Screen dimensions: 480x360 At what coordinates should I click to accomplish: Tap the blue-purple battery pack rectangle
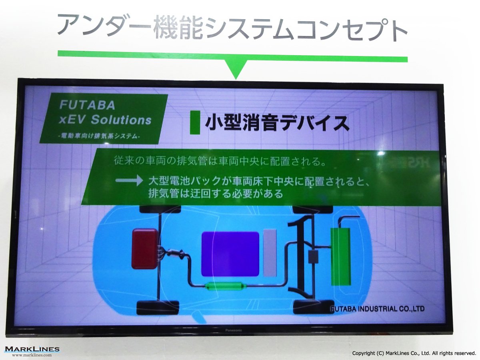click(x=230, y=254)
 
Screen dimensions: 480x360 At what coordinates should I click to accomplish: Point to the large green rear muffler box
click(x=340, y=257)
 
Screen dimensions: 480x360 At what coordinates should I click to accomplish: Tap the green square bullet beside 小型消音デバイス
click(x=195, y=122)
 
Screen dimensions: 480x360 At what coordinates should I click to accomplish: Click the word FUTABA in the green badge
click(x=87, y=105)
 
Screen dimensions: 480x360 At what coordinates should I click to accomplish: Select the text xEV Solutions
click(x=105, y=120)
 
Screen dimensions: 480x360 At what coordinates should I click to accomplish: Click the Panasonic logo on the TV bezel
click(x=234, y=330)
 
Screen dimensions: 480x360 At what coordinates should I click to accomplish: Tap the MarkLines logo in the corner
click(x=32, y=349)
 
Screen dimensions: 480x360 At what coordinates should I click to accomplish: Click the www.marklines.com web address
click(x=32, y=355)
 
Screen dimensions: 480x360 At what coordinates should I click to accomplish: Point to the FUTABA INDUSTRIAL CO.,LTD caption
click(x=378, y=309)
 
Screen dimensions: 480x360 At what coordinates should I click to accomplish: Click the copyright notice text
click(x=414, y=353)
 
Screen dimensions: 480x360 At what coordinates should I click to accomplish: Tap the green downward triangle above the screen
click(x=236, y=70)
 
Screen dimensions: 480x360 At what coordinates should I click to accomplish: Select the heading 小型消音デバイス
click(x=277, y=123)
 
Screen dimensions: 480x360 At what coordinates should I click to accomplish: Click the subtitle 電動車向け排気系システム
click(x=100, y=136)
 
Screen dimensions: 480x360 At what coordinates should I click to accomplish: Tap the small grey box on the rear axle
click(x=313, y=256)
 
